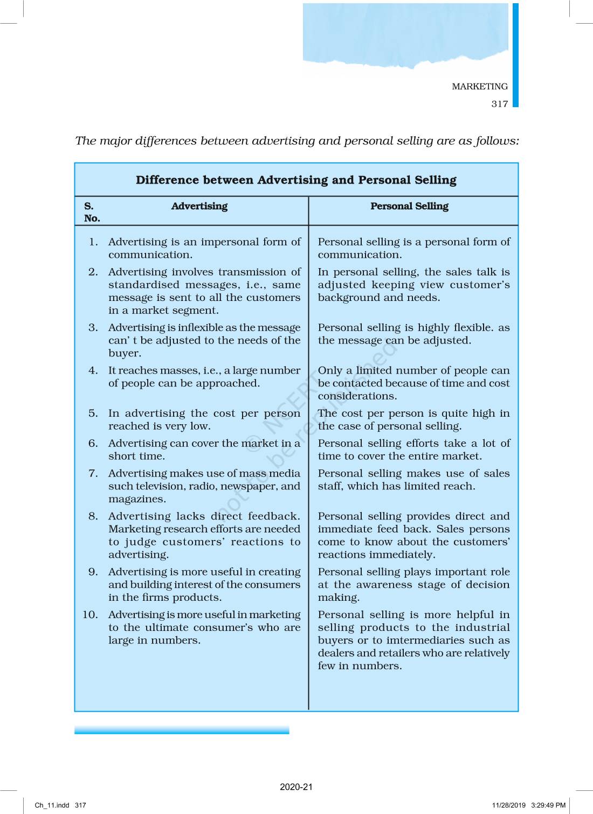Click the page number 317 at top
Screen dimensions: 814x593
[x=499, y=104]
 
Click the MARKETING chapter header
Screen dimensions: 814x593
[x=479, y=86]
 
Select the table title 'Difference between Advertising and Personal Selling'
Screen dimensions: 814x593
[x=296, y=180]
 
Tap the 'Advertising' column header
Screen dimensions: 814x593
[x=199, y=206]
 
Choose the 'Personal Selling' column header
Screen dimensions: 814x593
[x=409, y=206]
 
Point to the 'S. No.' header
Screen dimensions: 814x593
[x=92, y=212]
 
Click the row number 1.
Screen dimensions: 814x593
[x=93, y=242]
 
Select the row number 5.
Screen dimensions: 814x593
[x=93, y=413]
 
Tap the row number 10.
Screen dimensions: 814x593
[x=90, y=614]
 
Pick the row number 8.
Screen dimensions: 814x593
[x=93, y=516]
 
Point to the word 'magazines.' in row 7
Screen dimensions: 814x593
[x=137, y=499]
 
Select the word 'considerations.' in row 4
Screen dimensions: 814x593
[x=357, y=396]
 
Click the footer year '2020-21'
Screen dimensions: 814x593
[x=296, y=787]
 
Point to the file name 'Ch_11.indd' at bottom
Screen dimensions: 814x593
[x=52, y=805]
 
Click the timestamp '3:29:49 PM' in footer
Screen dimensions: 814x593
[x=548, y=805]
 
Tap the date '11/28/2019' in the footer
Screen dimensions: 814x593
[x=508, y=805]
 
